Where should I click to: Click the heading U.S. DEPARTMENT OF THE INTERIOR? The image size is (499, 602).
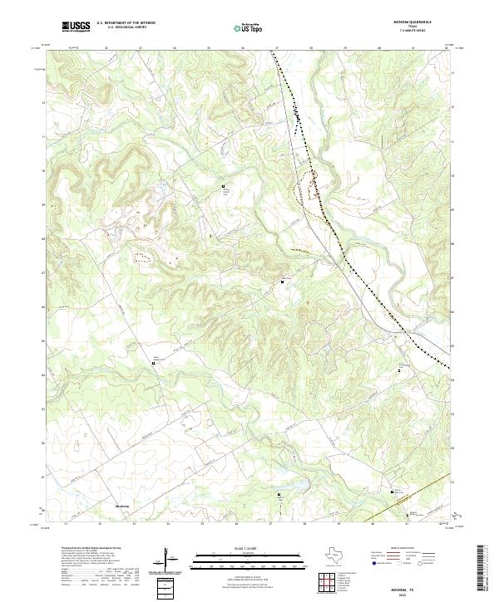click(x=125, y=22)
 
